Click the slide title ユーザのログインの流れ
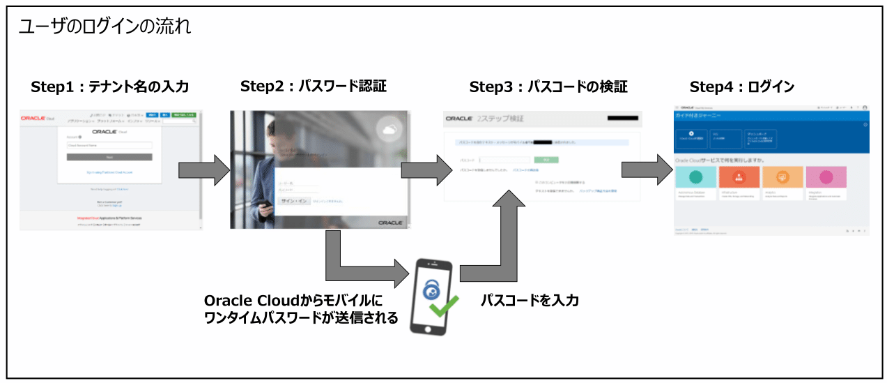(x=105, y=29)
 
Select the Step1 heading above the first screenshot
(x=110, y=87)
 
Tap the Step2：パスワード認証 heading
(x=313, y=87)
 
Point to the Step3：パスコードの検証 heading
(x=548, y=87)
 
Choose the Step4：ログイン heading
(x=741, y=87)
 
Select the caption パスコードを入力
(x=530, y=301)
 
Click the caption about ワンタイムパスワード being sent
(x=300, y=309)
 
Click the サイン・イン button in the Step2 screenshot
(x=293, y=201)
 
